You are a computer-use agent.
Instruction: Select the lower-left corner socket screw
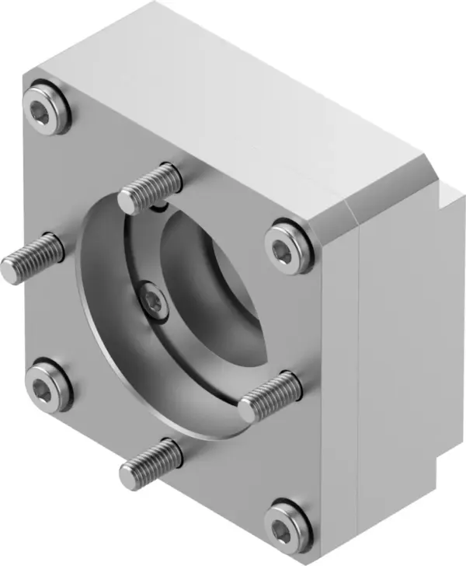tap(47, 386)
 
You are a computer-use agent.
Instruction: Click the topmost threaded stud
tap(151, 187)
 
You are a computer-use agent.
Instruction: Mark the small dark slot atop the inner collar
tap(160, 207)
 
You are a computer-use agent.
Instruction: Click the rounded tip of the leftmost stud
tap(9, 270)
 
